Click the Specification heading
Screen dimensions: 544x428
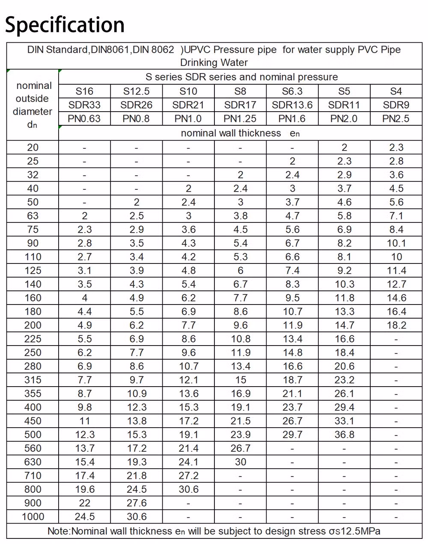[65, 25]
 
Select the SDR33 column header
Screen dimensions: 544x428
[84, 105]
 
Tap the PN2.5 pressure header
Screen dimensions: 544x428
[396, 118]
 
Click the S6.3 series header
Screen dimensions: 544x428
[292, 91]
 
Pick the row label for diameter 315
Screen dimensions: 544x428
[33, 380]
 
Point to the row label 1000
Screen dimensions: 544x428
[33, 517]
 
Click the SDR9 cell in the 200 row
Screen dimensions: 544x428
[396, 325]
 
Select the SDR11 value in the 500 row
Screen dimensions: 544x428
[344, 435]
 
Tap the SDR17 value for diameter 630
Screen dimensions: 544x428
[241, 462]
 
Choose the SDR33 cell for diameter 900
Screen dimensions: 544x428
[84, 503]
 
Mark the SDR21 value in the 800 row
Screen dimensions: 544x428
[188, 489]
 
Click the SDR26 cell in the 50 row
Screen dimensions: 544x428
[137, 202]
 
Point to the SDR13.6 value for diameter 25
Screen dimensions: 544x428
[292, 161]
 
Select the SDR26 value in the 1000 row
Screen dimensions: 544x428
[137, 517]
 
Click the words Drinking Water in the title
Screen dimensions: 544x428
[214, 62]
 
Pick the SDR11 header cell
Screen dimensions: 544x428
[344, 105]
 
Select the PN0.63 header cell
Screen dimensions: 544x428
[84, 118]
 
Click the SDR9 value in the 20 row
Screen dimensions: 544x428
[396, 147]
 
